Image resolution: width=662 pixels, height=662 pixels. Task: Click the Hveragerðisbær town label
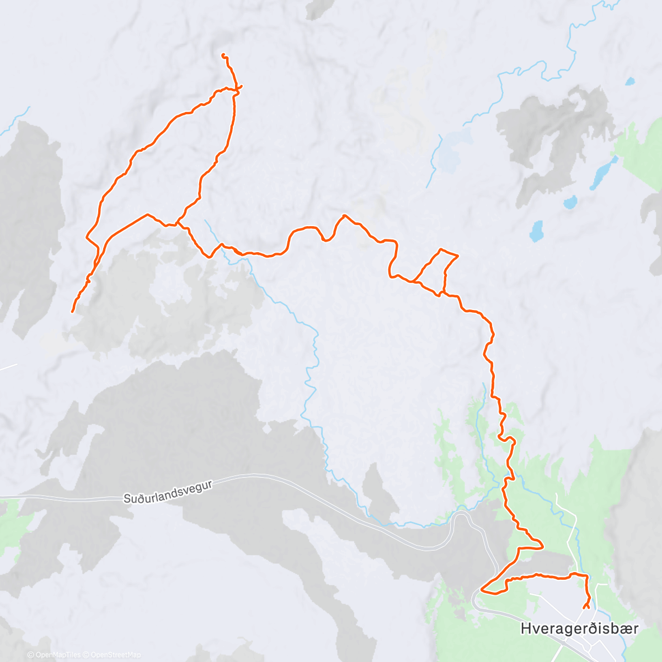[x=579, y=628]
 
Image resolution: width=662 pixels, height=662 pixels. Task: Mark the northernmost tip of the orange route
[x=223, y=54]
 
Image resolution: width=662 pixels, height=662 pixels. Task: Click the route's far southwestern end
[x=72, y=312]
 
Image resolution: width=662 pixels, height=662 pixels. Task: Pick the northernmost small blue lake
[x=630, y=82]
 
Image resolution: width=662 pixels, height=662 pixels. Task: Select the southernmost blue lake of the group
[x=536, y=231]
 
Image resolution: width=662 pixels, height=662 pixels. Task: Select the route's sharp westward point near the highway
[x=482, y=590]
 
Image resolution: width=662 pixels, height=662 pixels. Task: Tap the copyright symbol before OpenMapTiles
[x=31, y=655]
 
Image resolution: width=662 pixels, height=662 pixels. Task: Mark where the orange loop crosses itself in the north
[x=236, y=88]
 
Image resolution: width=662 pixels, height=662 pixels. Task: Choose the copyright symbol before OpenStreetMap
[x=87, y=655]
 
